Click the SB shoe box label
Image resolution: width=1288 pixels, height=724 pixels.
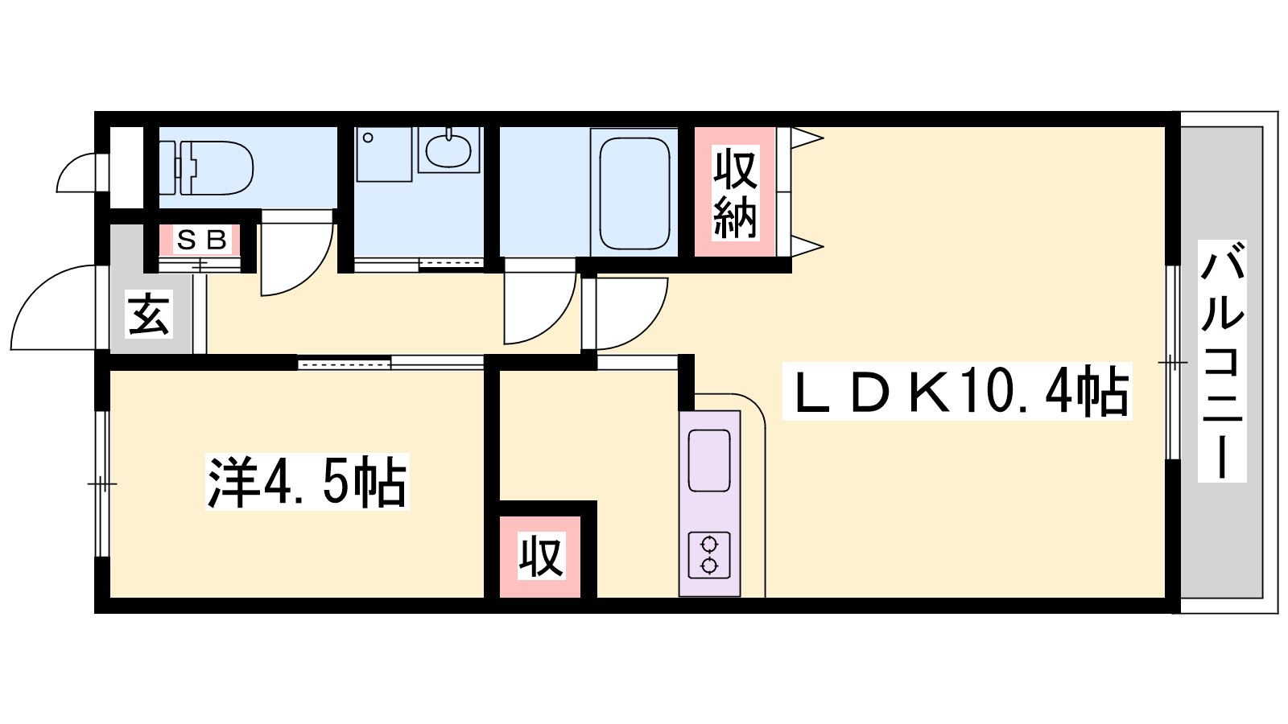click(200, 241)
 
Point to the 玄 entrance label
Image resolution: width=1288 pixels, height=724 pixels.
click(149, 314)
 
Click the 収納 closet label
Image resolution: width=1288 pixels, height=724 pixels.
click(735, 192)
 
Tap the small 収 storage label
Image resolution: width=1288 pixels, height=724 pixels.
click(540, 555)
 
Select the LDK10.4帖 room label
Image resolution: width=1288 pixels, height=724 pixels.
click(957, 391)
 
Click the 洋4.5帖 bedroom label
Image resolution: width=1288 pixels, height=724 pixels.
click(307, 482)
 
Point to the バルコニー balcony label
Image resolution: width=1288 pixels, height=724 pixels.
click(1222, 361)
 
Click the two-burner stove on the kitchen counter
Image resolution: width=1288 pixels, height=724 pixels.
click(709, 554)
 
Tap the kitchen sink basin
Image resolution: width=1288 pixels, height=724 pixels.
click(709, 461)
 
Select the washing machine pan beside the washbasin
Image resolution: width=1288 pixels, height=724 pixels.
click(384, 154)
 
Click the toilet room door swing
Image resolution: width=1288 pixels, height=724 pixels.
click(297, 253)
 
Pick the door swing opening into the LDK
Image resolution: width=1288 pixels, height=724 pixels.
click(632, 314)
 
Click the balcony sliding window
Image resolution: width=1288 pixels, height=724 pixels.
click(1172, 362)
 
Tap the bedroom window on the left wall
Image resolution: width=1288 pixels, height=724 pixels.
click(101, 483)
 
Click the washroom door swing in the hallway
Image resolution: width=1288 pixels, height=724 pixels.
click(540, 302)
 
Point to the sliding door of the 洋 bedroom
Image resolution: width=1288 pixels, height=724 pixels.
click(390, 363)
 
